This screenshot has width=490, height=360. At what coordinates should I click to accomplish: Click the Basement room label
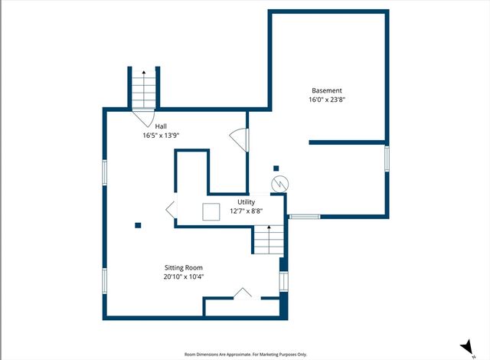[x=326, y=90]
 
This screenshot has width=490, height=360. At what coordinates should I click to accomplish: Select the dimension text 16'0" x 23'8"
[x=326, y=99]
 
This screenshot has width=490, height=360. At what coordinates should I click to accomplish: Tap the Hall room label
[x=161, y=126]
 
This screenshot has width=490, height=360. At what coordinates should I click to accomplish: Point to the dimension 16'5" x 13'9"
[x=161, y=135]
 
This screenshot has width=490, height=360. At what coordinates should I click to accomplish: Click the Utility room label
[x=246, y=201]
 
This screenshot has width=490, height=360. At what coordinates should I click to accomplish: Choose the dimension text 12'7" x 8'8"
[x=246, y=211]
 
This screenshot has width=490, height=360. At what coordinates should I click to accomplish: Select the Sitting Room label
[x=184, y=267]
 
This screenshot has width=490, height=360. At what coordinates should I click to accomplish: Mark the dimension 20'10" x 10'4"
[x=184, y=277]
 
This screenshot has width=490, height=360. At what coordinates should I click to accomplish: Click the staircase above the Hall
[x=142, y=89]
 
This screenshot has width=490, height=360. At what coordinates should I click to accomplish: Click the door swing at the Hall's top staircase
[x=142, y=119]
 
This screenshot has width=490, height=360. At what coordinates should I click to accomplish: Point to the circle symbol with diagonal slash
[x=279, y=184]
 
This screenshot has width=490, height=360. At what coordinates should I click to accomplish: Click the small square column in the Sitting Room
[x=138, y=225]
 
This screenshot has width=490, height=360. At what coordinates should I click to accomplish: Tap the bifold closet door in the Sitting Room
[x=243, y=293]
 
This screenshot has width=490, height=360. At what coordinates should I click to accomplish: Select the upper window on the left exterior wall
[x=105, y=172]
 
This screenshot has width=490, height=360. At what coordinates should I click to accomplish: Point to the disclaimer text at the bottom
[x=245, y=354]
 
